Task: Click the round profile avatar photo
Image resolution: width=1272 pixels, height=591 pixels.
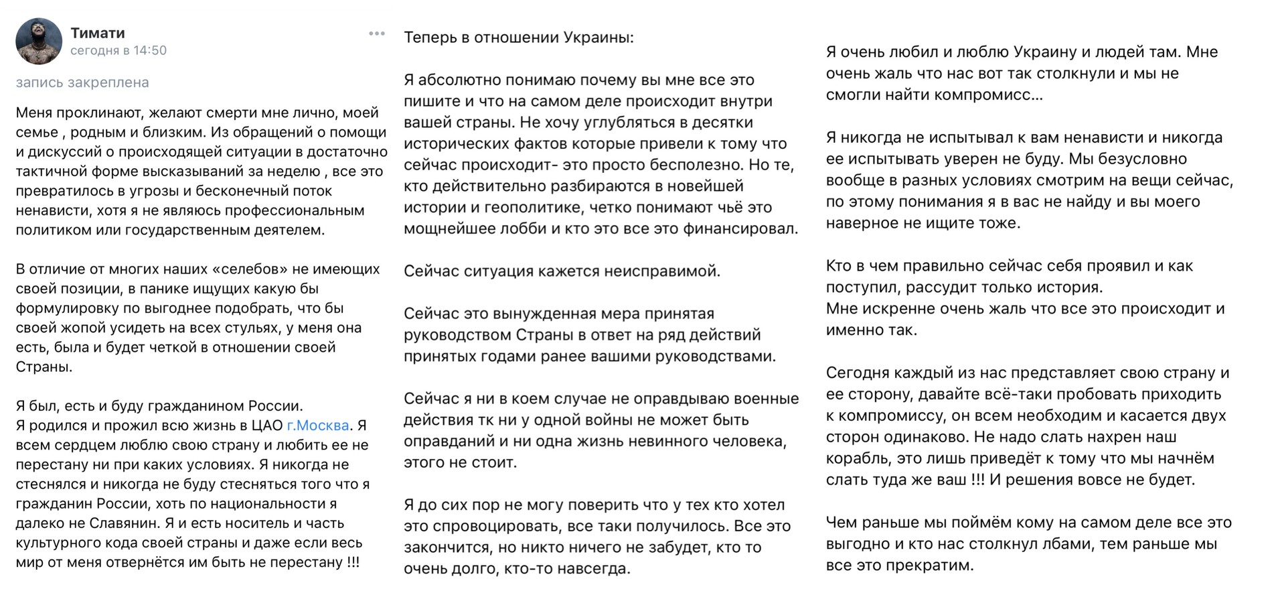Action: [x=39, y=41]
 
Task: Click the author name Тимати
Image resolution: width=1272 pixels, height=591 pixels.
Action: [x=98, y=33]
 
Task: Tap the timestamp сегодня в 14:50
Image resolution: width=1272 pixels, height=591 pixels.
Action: [x=118, y=50]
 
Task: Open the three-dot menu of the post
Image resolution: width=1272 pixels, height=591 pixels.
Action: [x=377, y=34]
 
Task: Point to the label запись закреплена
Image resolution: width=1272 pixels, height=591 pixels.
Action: [x=82, y=82]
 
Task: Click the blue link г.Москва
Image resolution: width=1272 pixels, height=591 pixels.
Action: [x=318, y=425]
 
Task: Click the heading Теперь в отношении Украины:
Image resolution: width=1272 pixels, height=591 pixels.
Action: [x=518, y=38]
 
